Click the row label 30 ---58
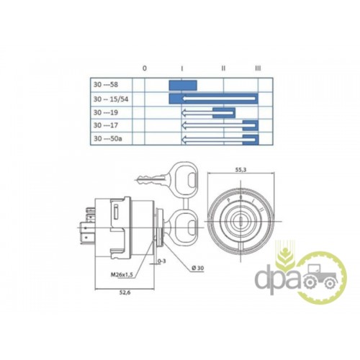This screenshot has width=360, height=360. pyautogui.click(x=106, y=85)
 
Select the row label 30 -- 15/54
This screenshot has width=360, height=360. pyautogui.click(x=111, y=99)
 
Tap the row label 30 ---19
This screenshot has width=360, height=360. pyautogui.click(x=106, y=112)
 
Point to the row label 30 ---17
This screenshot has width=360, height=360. pyautogui.click(x=106, y=125)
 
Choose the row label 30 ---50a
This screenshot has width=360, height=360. pyautogui.click(x=108, y=139)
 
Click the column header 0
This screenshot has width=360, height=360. pyautogui.click(x=145, y=68)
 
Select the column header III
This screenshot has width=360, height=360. pyautogui.click(x=258, y=68)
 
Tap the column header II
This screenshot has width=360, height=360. pyautogui.click(x=223, y=68)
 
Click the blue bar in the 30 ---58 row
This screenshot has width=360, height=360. pyautogui.click(x=183, y=86)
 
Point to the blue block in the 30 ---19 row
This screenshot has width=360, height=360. pyautogui.click(x=224, y=113)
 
